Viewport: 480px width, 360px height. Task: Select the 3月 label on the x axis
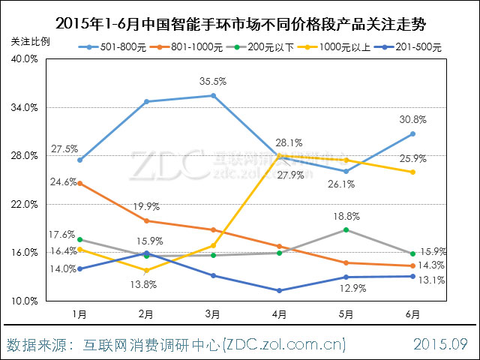(x=212, y=313)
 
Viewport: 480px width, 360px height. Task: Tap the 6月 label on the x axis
(x=412, y=313)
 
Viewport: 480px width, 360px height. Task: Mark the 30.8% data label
(x=412, y=119)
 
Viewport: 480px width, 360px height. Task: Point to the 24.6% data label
(x=64, y=181)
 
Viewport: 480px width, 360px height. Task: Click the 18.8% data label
(x=346, y=216)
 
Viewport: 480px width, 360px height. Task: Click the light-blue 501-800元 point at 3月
(x=213, y=95)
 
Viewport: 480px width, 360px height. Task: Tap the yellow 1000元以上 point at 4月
(x=280, y=155)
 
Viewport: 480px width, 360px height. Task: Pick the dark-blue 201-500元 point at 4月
(x=279, y=290)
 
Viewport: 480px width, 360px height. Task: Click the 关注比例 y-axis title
(x=29, y=41)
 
